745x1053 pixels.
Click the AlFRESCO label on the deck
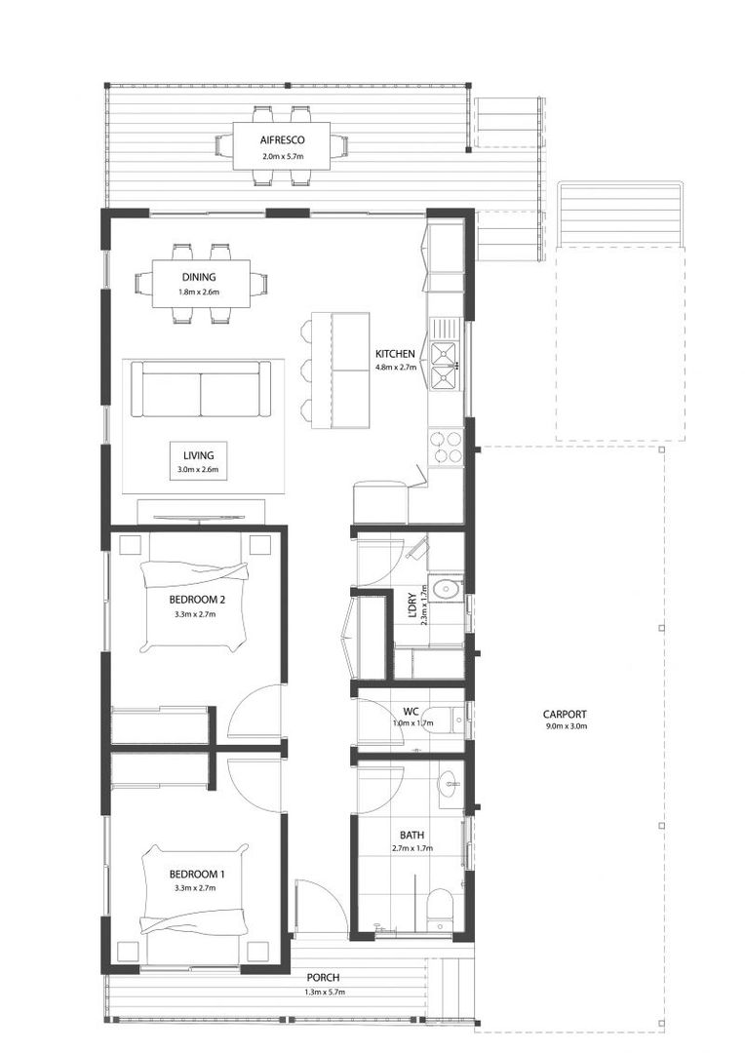283,140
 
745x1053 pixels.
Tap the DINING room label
199,277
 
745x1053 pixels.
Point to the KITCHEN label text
396,353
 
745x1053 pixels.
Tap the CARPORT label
566,714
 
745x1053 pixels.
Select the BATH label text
411,835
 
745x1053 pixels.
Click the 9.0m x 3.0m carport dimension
566,726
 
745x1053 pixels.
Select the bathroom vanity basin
448,782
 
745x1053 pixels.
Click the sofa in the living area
201,389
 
